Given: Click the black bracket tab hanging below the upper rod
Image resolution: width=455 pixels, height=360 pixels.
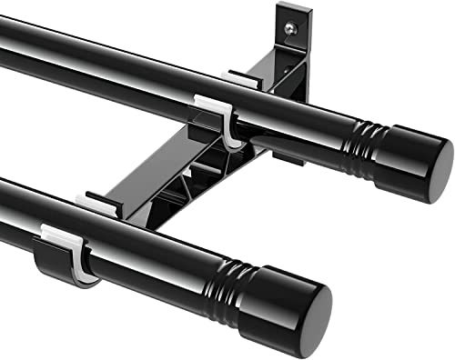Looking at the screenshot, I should click(x=288, y=155).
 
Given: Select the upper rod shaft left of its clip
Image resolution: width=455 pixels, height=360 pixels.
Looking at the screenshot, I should click(x=91, y=64).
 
